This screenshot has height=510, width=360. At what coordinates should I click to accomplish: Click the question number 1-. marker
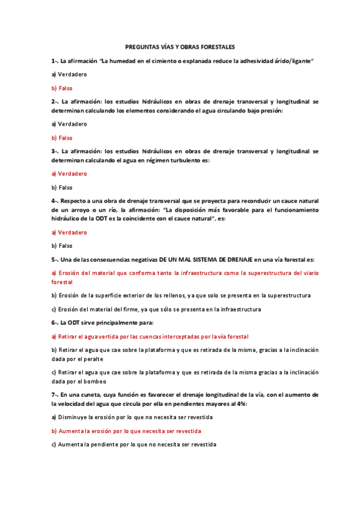(x=55, y=61)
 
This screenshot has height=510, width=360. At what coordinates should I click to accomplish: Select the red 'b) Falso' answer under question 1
(x=62, y=88)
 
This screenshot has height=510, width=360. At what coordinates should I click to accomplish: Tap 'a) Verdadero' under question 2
(x=69, y=124)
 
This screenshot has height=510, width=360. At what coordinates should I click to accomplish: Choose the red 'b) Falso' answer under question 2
(x=62, y=138)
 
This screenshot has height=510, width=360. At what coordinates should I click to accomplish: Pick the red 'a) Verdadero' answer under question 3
(x=69, y=173)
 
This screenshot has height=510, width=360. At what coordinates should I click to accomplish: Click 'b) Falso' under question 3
(x=62, y=188)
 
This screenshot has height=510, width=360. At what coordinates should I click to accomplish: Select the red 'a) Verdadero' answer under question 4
(x=69, y=232)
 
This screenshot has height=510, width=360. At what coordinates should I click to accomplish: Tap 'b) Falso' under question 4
(x=62, y=246)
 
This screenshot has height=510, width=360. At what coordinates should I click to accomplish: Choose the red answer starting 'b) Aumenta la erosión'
(x=126, y=431)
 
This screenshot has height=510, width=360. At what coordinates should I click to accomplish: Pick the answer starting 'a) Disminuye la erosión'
(x=132, y=417)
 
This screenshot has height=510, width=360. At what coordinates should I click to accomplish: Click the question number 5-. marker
(x=55, y=259)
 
